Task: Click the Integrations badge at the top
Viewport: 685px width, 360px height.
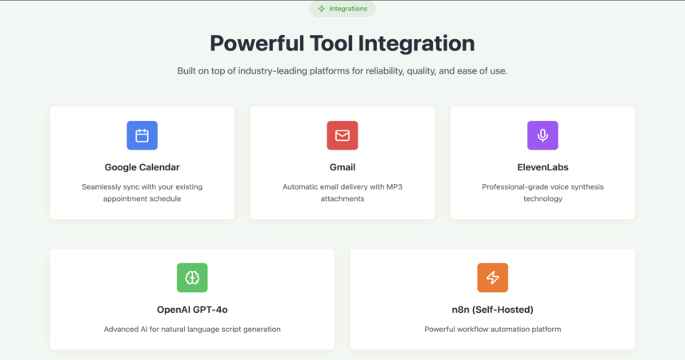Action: (x=342, y=9)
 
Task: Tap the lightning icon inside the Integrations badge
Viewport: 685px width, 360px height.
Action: (x=322, y=9)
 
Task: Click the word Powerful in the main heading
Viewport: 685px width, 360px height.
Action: (x=257, y=43)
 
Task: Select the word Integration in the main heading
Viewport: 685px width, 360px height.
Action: (x=416, y=44)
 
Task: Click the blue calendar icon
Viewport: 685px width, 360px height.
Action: (x=142, y=135)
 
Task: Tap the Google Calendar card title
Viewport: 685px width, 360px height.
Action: (x=142, y=167)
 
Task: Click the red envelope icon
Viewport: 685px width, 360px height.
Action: (x=342, y=135)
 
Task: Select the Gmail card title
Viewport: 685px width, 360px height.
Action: (x=342, y=167)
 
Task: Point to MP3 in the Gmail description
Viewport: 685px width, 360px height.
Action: (x=394, y=187)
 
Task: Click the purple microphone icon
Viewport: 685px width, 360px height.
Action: (x=543, y=135)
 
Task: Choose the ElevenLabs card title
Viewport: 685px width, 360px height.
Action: (x=543, y=167)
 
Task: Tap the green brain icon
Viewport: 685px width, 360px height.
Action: (x=192, y=278)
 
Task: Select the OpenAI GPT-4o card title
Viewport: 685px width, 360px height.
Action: (x=192, y=310)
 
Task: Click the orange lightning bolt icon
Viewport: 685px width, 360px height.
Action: (x=493, y=278)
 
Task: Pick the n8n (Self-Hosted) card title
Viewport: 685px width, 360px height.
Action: (x=493, y=310)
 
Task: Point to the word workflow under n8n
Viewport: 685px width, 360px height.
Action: (x=474, y=330)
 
